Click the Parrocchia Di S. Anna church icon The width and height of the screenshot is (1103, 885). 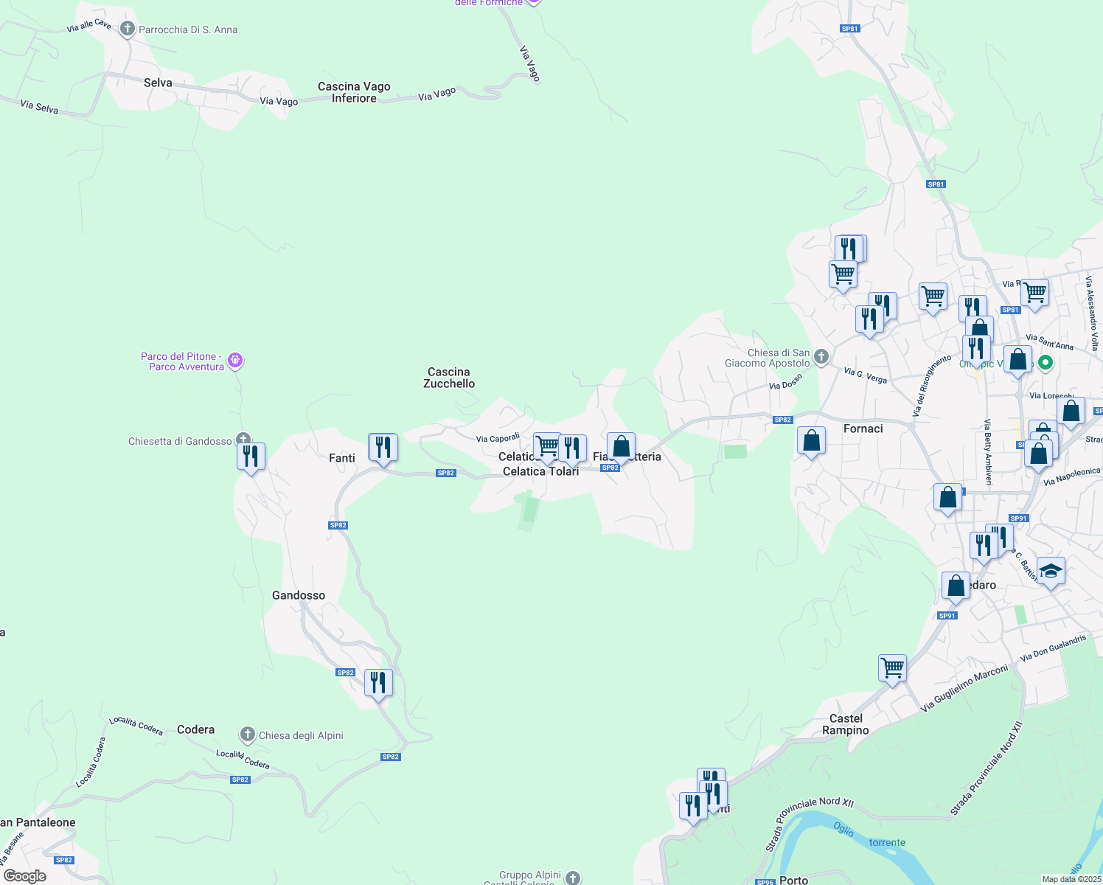pyautogui.click(x=128, y=29)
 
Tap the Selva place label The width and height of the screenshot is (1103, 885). pyautogui.click(x=158, y=83)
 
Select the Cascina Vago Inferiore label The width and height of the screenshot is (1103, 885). pyautogui.click(x=354, y=92)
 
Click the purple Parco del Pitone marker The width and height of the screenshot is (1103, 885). pyautogui.click(x=235, y=361)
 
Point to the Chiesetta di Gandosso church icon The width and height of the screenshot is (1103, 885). pyautogui.click(x=243, y=440)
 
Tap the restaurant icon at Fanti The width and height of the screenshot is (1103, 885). pyautogui.click(x=383, y=447)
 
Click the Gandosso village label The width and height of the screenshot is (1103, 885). pyautogui.click(x=299, y=595)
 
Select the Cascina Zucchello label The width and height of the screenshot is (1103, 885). pyautogui.click(x=449, y=378)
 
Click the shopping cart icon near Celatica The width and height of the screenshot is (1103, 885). pyautogui.click(x=547, y=445)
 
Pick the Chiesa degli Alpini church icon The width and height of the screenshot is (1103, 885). pyautogui.click(x=248, y=735)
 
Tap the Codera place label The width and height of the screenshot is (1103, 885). pyautogui.click(x=196, y=729)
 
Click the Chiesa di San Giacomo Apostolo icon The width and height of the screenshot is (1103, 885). pyautogui.click(x=821, y=357)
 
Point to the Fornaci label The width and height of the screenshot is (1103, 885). pyautogui.click(x=863, y=428)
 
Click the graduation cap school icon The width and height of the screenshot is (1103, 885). pyautogui.click(x=1051, y=571)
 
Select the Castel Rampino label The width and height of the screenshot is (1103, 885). pyautogui.click(x=846, y=724)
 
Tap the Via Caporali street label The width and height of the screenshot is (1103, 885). pyautogui.click(x=498, y=438)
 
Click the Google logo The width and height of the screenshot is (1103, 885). pyautogui.click(x=25, y=876)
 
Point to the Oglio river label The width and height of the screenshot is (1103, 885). pyautogui.click(x=843, y=829)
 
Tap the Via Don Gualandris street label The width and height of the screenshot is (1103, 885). pyautogui.click(x=1053, y=648)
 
